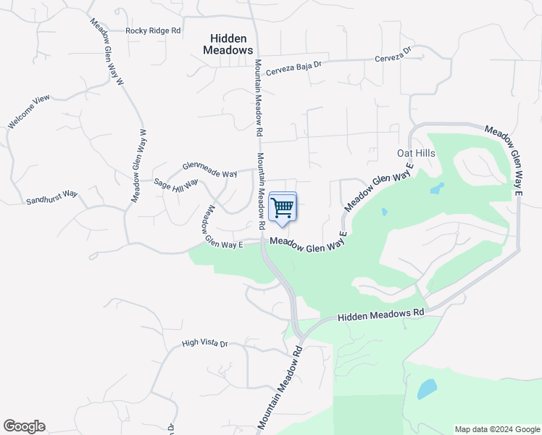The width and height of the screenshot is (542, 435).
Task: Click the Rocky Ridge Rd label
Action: [153, 30]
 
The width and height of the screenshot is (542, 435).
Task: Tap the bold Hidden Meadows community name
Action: [228, 44]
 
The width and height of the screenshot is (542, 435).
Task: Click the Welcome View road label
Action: [28, 112]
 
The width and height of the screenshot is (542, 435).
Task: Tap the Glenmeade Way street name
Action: [210, 170]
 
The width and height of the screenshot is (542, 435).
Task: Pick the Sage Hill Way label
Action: [176, 185]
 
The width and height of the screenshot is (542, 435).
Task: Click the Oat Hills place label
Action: [416, 153]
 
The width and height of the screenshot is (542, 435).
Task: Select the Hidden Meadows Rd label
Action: [380, 314]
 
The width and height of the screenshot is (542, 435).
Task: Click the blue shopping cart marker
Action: [283, 207]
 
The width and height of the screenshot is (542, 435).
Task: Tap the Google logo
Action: [24, 426]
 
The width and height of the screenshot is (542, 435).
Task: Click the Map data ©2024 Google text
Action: [497, 429]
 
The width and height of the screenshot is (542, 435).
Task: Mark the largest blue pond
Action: [427, 389]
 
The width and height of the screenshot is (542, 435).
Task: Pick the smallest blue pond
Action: [384, 212]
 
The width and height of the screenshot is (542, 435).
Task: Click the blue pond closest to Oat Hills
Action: [437, 188]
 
